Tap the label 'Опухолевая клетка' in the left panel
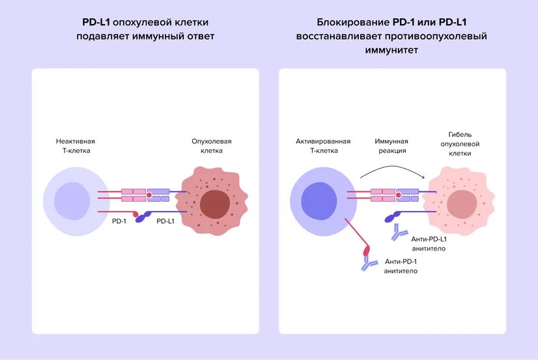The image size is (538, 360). click(x=212, y=146)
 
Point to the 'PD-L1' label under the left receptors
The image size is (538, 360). click(x=166, y=222)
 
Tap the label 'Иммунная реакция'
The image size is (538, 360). click(x=391, y=146)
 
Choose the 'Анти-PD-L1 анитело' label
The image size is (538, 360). click(x=429, y=244)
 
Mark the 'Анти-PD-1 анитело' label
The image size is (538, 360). click(x=401, y=266)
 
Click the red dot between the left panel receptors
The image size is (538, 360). click(x=149, y=195)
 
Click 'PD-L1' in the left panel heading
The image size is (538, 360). click(x=96, y=22)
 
